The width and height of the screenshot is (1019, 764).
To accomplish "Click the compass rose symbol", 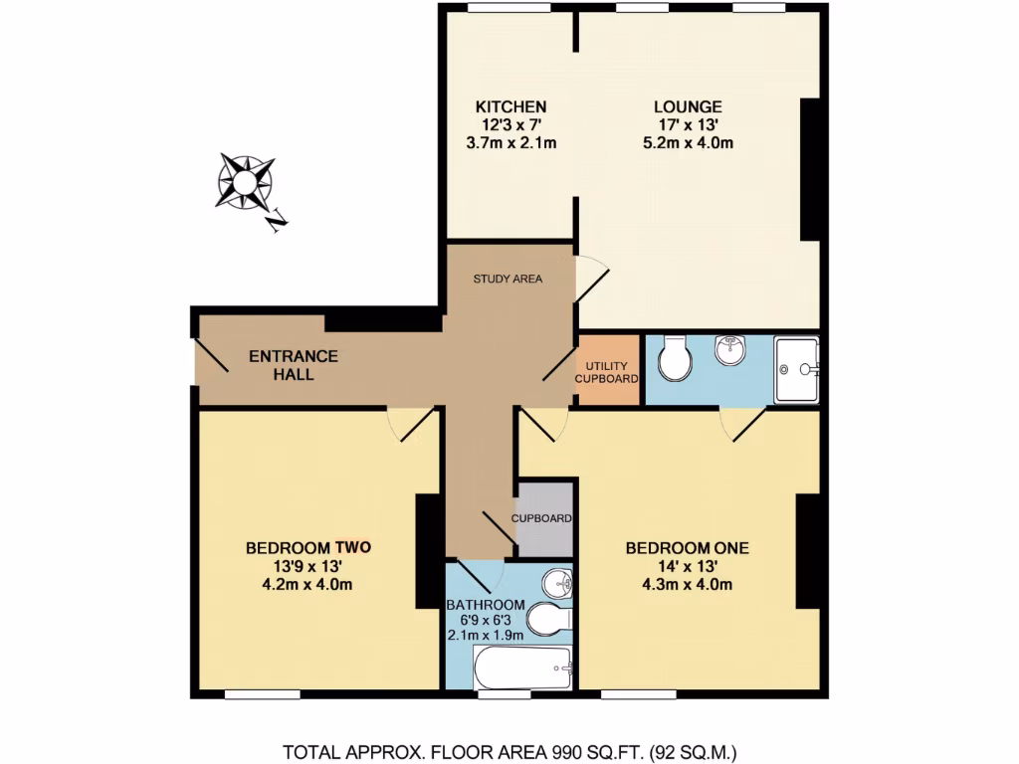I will click(x=245, y=181).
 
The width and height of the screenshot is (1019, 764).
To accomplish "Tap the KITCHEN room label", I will click(x=510, y=107).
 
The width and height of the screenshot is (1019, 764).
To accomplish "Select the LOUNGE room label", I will click(x=688, y=107).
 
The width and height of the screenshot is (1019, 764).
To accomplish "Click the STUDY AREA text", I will click(x=508, y=279).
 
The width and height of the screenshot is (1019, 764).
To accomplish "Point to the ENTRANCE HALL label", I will click(x=294, y=365).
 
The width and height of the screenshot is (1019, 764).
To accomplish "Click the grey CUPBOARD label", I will click(x=541, y=518).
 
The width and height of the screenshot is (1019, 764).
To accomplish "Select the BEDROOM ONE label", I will click(x=687, y=547).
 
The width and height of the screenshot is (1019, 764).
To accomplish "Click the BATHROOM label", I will click(x=485, y=605).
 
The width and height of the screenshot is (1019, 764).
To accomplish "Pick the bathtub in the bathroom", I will click(x=522, y=667).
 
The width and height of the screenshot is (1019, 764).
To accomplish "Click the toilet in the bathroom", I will click(x=548, y=619).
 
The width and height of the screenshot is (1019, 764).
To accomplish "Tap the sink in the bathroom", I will click(x=554, y=583).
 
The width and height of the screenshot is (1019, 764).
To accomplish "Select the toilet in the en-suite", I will click(x=676, y=358).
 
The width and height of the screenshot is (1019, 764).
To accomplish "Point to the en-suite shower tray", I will click(x=797, y=369).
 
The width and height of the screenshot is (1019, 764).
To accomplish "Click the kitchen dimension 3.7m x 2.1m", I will click(x=510, y=143).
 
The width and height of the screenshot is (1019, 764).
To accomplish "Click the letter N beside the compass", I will click(x=278, y=221).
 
